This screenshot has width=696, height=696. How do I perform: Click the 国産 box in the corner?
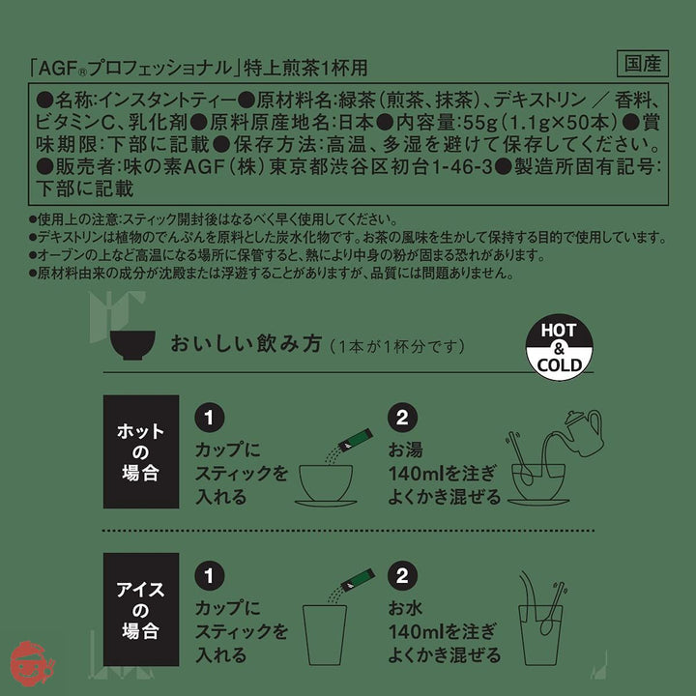[x=642, y=64]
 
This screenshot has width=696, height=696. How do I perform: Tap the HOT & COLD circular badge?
[x=560, y=347]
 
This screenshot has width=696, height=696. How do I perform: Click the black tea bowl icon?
[x=132, y=344]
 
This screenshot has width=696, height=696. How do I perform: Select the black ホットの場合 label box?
[x=141, y=451]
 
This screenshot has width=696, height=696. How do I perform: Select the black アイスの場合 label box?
[x=141, y=609]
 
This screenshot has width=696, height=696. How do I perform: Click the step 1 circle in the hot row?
[x=210, y=418]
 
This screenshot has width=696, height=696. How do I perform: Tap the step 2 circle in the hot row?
[x=402, y=418]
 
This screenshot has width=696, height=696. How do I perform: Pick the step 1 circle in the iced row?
[x=210, y=576]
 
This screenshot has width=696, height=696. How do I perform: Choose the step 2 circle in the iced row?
[x=402, y=576]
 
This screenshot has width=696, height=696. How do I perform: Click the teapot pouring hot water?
[x=582, y=433]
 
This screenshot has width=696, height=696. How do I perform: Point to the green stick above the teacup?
[x=356, y=440]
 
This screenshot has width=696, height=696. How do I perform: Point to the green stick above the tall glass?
[x=358, y=580]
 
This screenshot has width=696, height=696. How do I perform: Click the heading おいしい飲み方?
[x=246, y=344]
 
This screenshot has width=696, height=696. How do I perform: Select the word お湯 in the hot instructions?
[x=405, y=449]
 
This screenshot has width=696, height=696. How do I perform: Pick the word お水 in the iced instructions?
[x=405, y=608]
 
